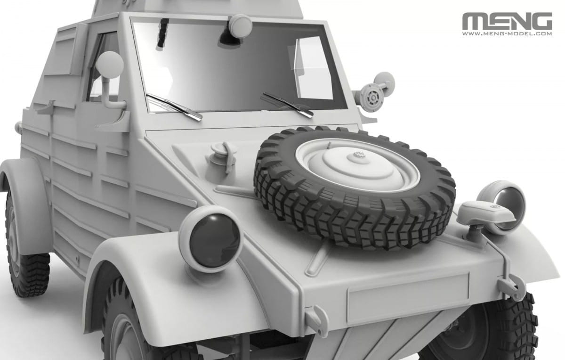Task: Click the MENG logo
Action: (507, 21)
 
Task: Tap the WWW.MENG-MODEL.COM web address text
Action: (507, 34)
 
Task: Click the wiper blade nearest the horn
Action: (287, 104)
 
